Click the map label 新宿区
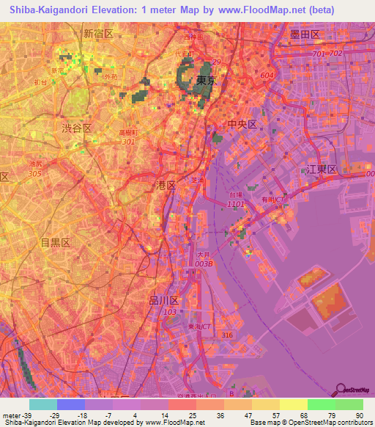[98, 34]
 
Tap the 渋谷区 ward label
[76, 128]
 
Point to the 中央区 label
[242, 125]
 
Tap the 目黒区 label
[54, 243]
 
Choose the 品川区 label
[163, 301]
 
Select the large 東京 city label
[206, 81]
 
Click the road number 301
[130, 142]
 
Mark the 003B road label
[204, 263]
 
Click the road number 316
[228, 335]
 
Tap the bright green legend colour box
[321, 404]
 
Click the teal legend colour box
[43, 404]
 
